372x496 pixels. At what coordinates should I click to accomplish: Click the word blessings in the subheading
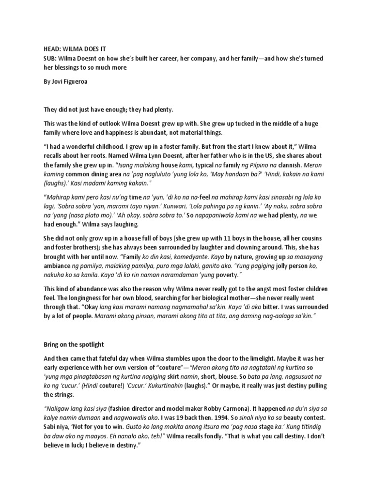coord(68,67)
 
